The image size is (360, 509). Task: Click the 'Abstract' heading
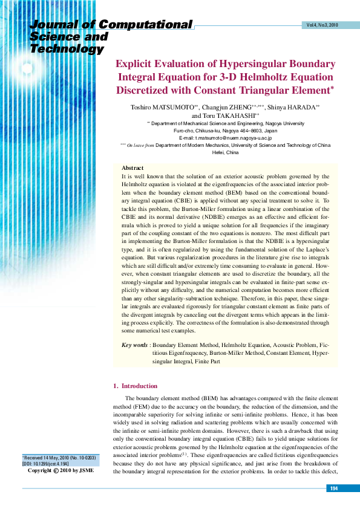coord(133,167)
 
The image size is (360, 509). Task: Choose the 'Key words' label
coord(134,345)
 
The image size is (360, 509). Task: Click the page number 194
coord(333,488)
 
